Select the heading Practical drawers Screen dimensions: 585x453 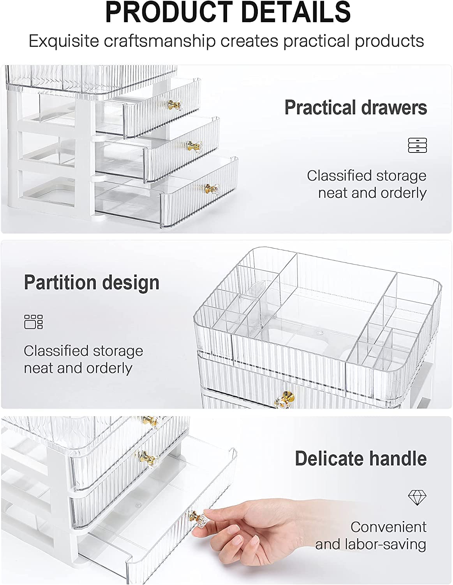[x=356, y=107]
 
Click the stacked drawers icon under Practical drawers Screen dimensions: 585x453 [x=418, y=145]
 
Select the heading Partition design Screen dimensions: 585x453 [x=92, y=282]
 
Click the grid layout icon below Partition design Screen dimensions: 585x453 [x=33, y=322]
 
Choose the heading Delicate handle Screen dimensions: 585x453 [x=361, y=458]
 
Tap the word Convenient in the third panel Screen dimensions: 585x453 [x=388, y=527]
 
